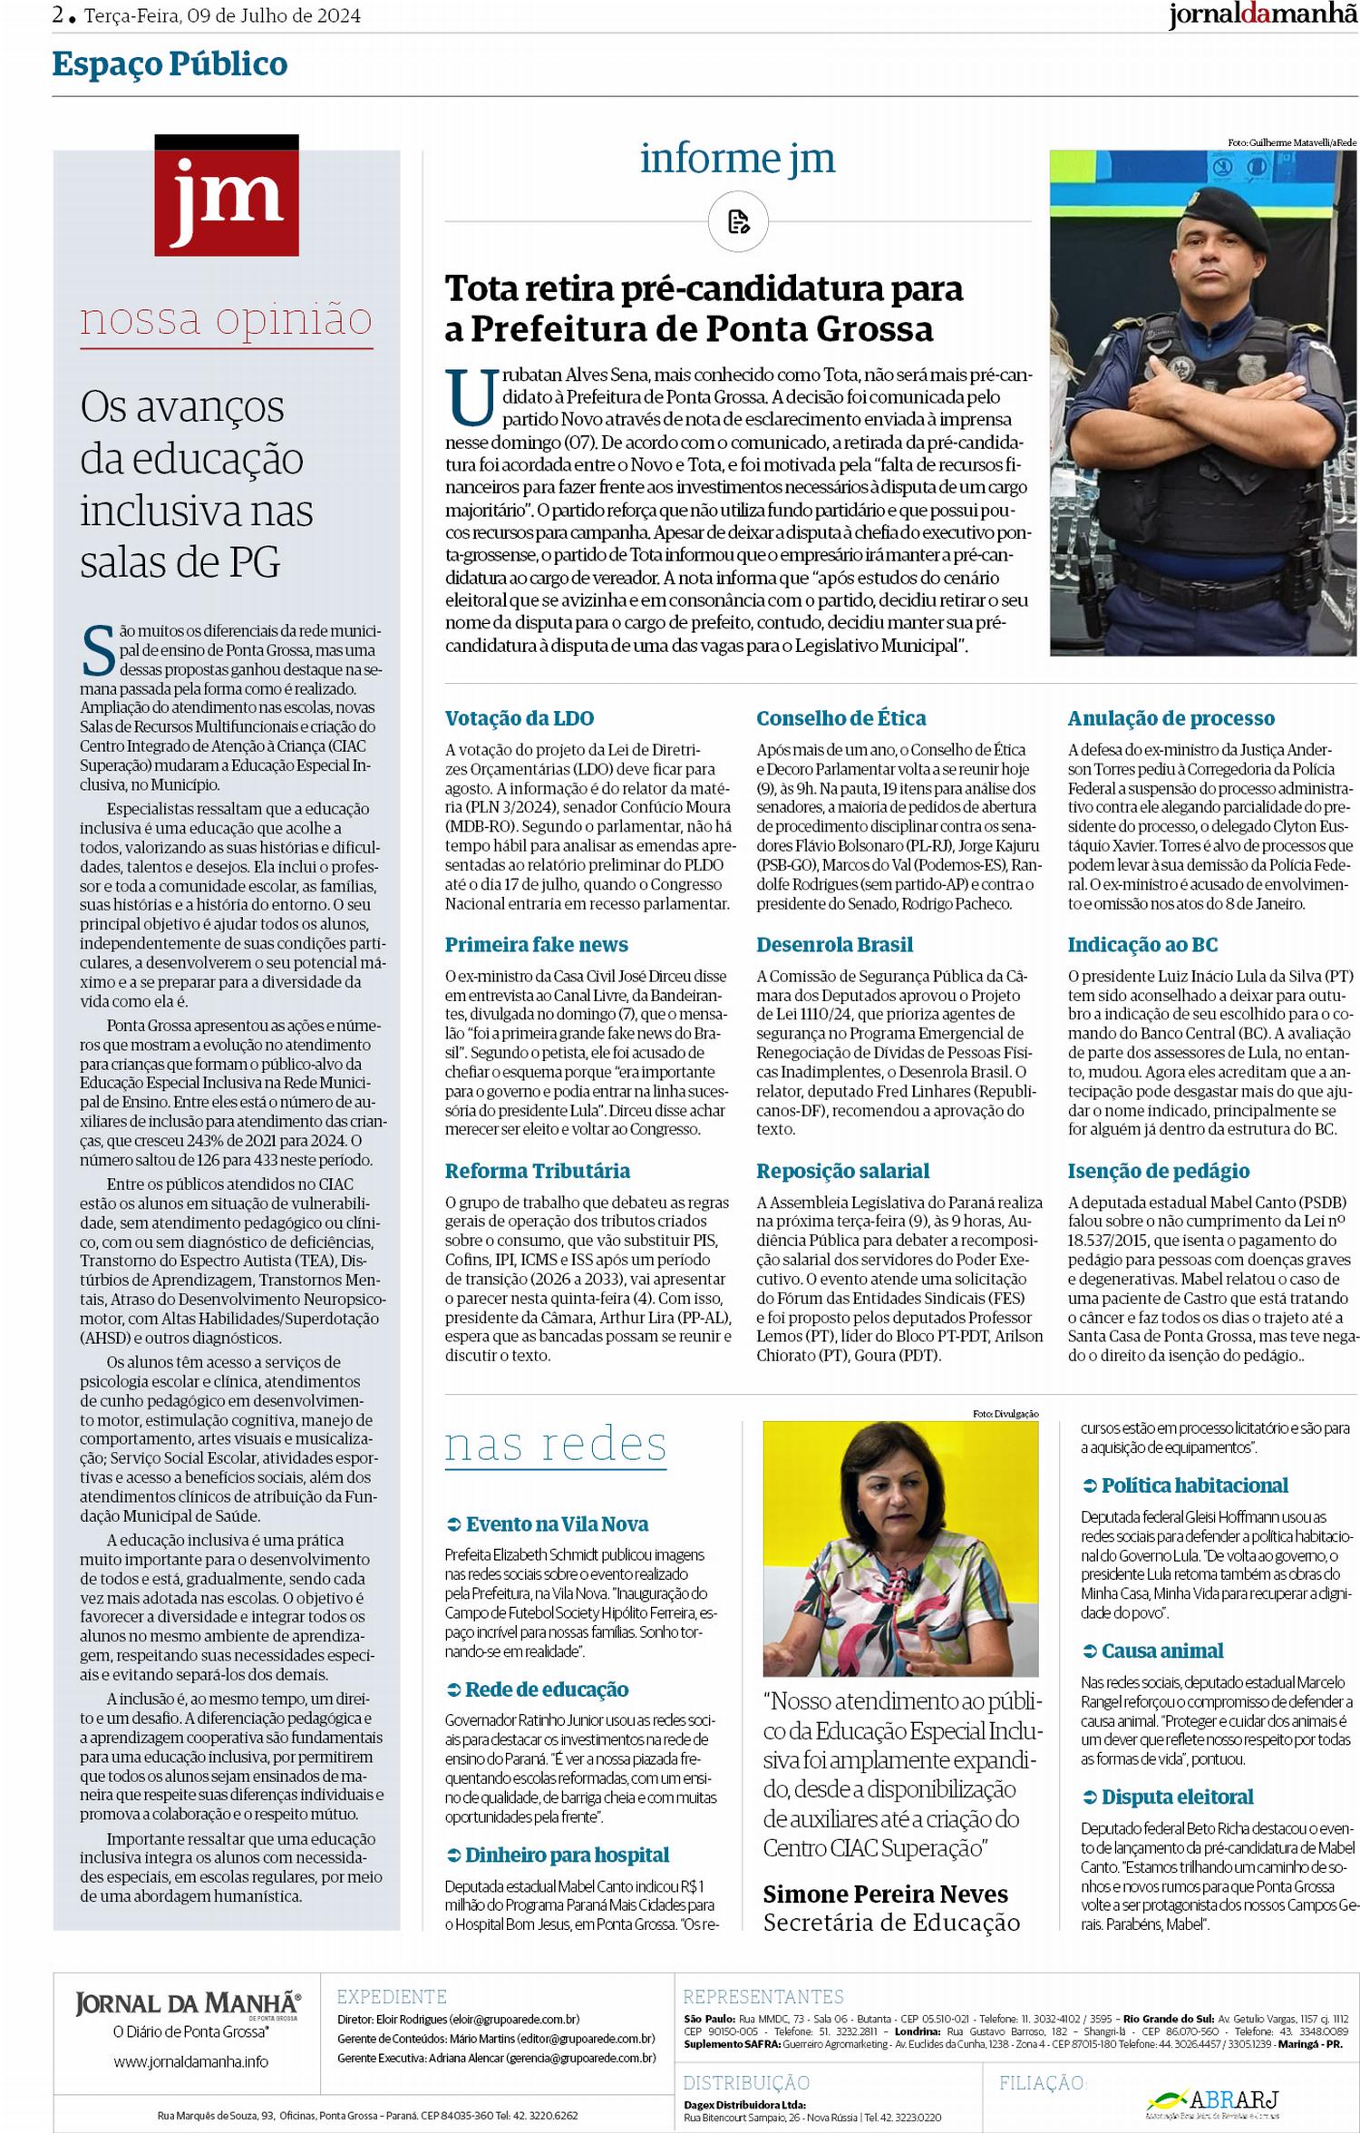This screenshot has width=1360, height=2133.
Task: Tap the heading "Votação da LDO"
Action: (519, 718)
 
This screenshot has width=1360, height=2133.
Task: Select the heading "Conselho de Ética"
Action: (840, 718)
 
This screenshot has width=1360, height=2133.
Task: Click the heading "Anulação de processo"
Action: (1171, 718)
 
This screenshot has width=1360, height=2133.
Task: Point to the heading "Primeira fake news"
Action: (536, 944)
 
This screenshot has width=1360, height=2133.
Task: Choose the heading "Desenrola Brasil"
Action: (834, 944)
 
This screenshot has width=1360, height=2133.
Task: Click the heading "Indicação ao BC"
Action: (1141, 944)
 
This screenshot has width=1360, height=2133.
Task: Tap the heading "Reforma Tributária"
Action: (537, 1171)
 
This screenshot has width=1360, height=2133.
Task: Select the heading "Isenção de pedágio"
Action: (1158, 1171)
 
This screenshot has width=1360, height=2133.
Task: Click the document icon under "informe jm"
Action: (738, 221)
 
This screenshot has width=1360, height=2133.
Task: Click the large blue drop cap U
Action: (471, 396)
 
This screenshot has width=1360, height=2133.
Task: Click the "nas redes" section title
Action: (555, 1444)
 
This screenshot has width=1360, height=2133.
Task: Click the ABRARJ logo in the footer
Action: (1215, 2099)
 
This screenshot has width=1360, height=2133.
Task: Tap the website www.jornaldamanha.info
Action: (190, 2061)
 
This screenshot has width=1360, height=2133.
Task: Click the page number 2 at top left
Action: (59, 15)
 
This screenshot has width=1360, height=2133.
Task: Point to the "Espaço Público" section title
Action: (170, 64)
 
